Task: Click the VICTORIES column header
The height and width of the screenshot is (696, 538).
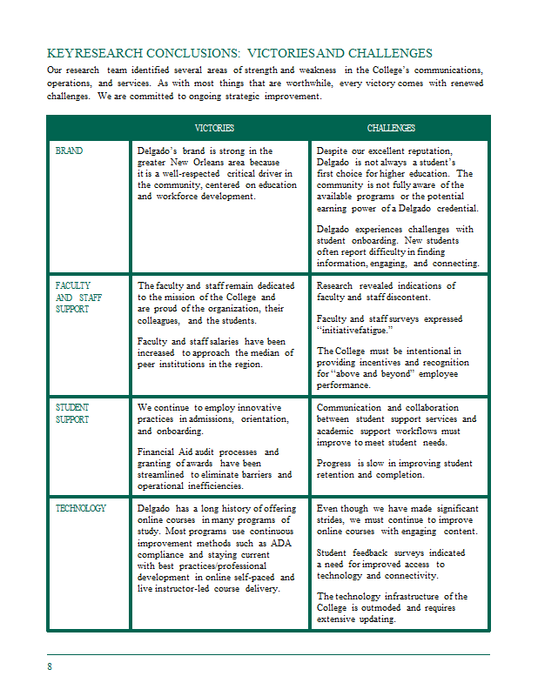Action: (x=214, y=128)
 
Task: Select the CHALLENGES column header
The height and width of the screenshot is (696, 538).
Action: (x=391, y=128)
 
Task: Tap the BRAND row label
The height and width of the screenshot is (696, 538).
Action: (x=69, y=151)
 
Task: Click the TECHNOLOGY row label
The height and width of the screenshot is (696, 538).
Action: (x=81, y=508)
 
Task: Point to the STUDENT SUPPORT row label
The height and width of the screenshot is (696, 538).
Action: (x=72, y=412)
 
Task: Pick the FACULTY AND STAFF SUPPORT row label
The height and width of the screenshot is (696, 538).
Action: (x=73, y=297)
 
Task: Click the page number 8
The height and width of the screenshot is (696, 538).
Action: (x=50, y=666)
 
